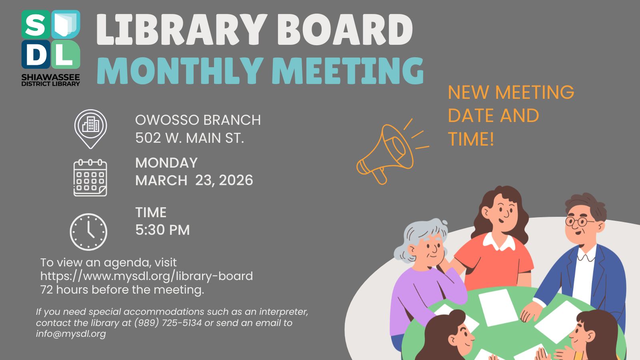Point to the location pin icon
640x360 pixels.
90,128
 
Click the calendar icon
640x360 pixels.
90,178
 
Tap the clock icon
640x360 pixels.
88,232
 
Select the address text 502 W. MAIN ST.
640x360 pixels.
189,138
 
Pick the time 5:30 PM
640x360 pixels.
162,230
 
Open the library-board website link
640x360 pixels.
146,276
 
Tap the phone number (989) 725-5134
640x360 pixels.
168,323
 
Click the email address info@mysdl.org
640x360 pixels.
71,334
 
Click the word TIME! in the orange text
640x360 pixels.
471,139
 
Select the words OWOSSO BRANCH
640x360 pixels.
198,120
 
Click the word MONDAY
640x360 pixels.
166,163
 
